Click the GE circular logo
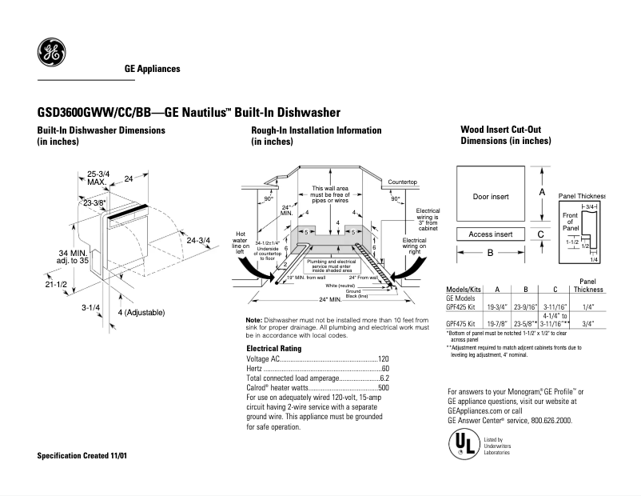click(x=52, y=55)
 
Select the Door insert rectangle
click(x=490, y=196)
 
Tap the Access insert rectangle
click(x=490, y=234)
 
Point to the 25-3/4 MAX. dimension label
click(x=98, y=178)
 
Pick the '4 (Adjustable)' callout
click(x=142, y=311)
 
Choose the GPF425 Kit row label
click(x=463, y=306)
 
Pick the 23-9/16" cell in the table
click(x=525, y=306)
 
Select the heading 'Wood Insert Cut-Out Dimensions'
click(x=505, y=134)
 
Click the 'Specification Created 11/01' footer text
click(x=82, y=455)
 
